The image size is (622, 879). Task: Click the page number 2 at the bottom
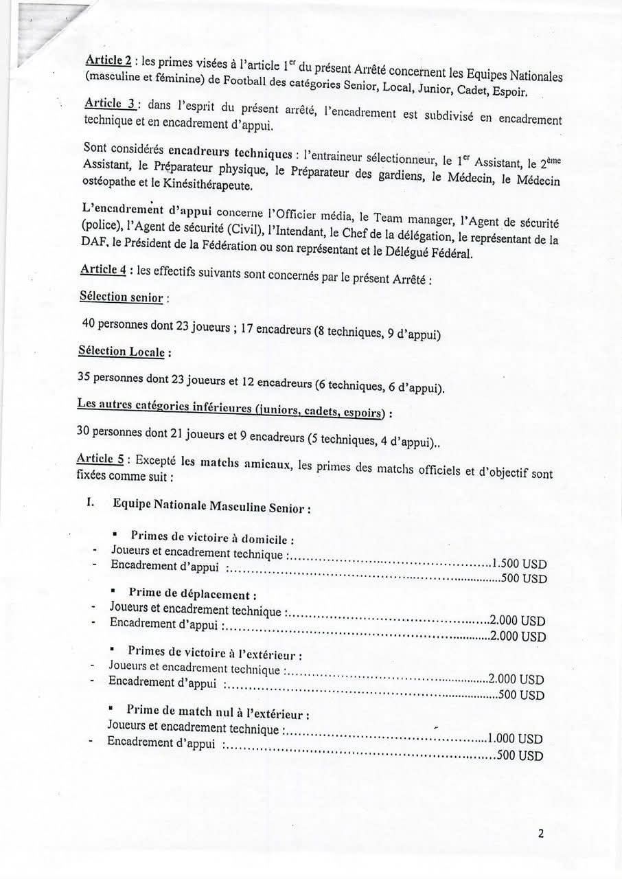[x=541, y=834]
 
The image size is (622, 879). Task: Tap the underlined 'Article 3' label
[x=109, y=104]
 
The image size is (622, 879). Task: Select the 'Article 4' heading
[x=103, y=269]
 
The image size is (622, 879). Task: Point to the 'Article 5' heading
[x=100, y=459]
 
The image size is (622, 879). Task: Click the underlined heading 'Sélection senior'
[x=122, y=297]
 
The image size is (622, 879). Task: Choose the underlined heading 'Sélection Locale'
[x=122, y=351]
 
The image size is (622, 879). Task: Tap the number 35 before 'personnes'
[x=85, y=377]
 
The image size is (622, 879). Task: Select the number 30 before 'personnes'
[x=85, y=433]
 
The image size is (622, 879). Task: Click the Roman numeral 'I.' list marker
[x=91, y=502]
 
